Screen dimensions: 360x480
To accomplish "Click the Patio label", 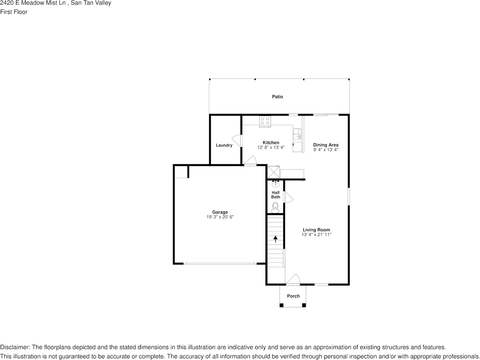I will pos(277,97).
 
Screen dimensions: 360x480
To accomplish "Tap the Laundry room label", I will pos(224,145).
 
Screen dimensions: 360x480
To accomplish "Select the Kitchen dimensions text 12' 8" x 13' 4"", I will pos(271,147).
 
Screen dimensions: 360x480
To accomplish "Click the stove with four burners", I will pos(265,121).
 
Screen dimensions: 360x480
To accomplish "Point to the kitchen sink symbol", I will pos(297,134).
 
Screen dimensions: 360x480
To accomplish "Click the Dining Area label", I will pos(326,145).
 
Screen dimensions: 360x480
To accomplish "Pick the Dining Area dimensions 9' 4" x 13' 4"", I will pos(326,150).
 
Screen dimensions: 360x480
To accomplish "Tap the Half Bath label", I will pos(276,195).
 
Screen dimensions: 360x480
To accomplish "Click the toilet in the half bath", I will pos(275,207).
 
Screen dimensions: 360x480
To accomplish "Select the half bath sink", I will pos(276,185).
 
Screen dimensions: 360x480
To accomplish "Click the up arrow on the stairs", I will pos(275,239).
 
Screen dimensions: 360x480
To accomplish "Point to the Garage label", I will pos(220,212).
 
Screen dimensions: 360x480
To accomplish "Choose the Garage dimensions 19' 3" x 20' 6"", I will pos(220,217).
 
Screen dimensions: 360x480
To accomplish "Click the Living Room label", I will pos(316,230).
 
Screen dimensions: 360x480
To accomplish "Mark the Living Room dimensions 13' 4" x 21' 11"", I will pos(316,235).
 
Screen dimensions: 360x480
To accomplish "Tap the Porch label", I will pos(293,296).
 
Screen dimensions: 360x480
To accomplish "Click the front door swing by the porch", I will pos(293,279).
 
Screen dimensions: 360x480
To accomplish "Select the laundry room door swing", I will pos(236,140).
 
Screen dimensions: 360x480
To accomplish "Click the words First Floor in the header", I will pos(14,12).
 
